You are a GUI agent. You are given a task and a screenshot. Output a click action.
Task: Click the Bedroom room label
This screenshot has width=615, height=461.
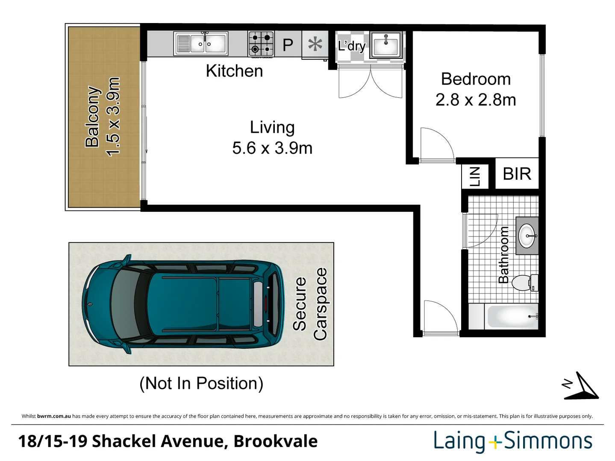[476, 79]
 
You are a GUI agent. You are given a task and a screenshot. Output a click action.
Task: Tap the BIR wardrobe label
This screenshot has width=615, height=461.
[517, 174]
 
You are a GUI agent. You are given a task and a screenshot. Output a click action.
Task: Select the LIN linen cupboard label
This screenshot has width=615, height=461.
[475, 177]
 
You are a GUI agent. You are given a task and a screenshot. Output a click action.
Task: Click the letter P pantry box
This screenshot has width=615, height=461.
[288, 44]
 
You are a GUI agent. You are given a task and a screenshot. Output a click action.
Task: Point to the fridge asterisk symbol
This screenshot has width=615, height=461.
[315, 44]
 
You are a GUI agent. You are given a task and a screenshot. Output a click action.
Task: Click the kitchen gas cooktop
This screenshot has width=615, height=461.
[261, 44]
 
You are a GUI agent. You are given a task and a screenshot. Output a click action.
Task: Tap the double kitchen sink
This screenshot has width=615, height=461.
[200, 44]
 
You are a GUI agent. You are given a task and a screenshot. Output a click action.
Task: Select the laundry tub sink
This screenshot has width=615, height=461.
[386, 45]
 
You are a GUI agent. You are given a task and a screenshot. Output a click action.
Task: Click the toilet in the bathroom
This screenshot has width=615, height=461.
[525, 283]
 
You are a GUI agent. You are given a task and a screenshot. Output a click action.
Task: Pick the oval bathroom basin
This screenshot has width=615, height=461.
[527, 236]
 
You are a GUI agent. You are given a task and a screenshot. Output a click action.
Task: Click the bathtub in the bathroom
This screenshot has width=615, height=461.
[512, 316]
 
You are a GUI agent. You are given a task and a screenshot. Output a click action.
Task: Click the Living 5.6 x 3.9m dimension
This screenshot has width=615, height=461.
[272, 148]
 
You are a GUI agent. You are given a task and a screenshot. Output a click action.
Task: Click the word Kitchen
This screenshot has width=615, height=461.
[234, 71]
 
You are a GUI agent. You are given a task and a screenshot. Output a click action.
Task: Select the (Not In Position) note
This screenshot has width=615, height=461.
[201, 383]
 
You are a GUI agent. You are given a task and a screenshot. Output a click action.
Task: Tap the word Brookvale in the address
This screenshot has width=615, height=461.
[275, 441]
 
